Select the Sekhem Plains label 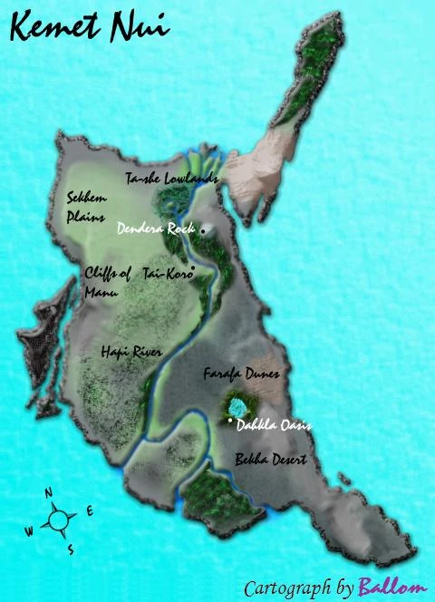86,206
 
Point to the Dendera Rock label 156,230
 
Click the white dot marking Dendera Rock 203,230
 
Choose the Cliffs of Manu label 108,281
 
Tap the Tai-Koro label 168,275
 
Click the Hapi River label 126,348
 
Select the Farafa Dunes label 241,373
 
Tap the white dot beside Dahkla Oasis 231,423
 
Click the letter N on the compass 49,492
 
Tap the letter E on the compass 89,511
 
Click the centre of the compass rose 60,520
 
